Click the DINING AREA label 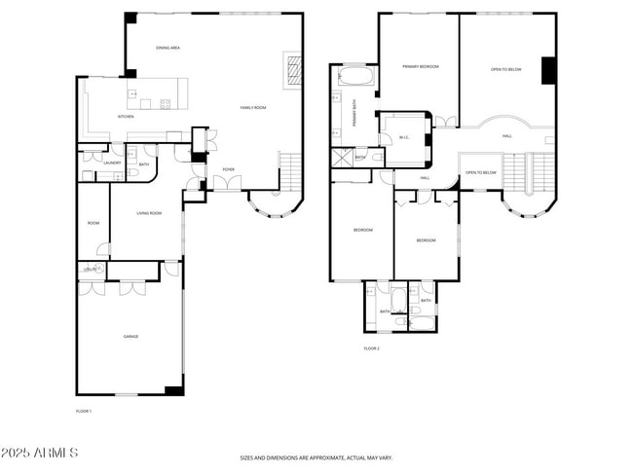tap(168, 48)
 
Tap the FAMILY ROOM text tap(253, 108)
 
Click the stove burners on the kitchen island tap(164, 104)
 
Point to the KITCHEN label tap(126, 117)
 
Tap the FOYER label tap(228, 169)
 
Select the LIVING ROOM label tap(148, 213)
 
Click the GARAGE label tap(130, 337)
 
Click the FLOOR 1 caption tap(84, 412)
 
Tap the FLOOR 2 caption tap(371, 348)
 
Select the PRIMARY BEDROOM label tap(421, 67)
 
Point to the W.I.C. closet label tap(403, 137)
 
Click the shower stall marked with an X tap(342, 158)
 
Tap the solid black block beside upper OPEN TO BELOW tap(547, 72)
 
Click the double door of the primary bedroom tap(444, 121)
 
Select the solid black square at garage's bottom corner tap(173, 390)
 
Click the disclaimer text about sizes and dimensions tap(316, 456)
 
